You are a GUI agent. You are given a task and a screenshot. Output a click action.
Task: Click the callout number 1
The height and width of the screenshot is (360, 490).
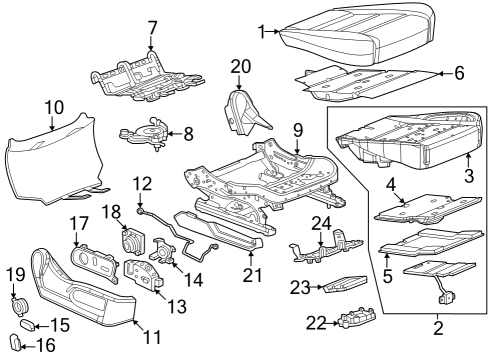262,33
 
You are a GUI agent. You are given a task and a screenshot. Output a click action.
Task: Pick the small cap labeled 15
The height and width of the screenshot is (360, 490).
29,326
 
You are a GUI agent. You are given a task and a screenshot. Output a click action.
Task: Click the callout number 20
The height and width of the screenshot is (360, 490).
239,66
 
